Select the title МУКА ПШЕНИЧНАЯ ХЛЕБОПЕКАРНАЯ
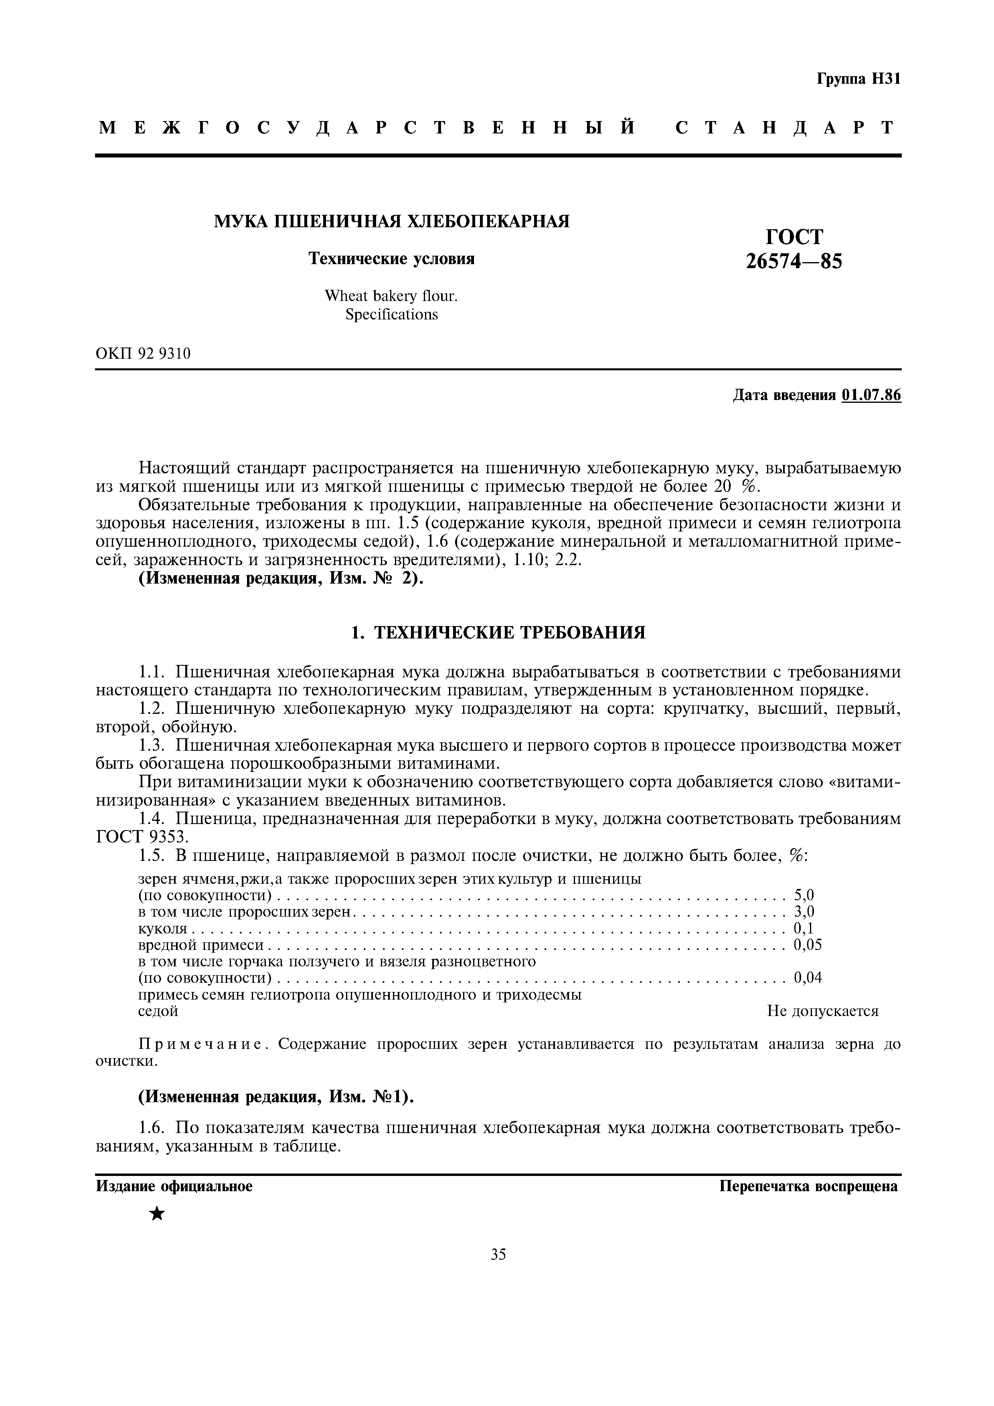click(x=391, y=221)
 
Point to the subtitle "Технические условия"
click(x=391, y=259)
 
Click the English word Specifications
click(x=391, y=315)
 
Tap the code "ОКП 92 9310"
click(x=143, y=354)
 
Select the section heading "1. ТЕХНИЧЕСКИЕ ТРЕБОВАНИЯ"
click(x=498, y=632)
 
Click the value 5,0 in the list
click(x=804, y=896)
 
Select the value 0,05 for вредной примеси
click(x=807, y=945)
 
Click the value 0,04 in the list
click(x=807, y=978)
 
